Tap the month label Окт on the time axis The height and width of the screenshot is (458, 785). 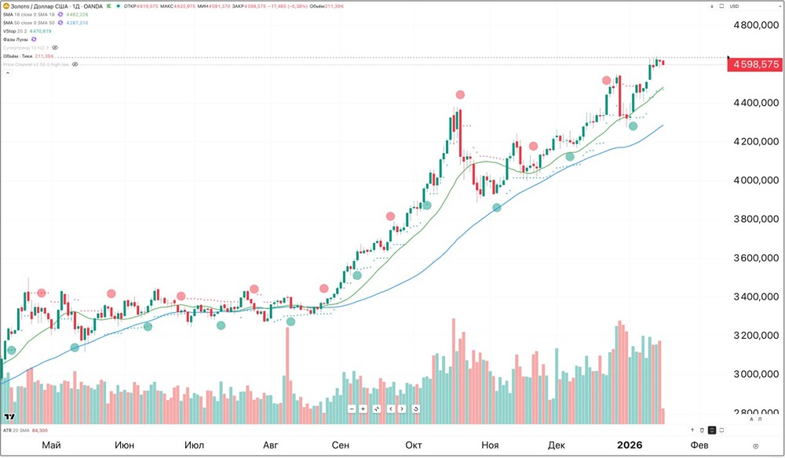(x=413, y=445)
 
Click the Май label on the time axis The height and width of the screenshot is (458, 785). (x=52, y=445)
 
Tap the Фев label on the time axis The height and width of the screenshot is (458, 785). (x=698, y=445)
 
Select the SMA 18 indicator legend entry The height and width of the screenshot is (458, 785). (x=27, y=14)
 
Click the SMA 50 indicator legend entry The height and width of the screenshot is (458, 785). (x=27, y=23)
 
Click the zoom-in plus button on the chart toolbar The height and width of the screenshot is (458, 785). (x=363, y=409)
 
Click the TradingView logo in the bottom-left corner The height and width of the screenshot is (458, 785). (x=10, y=417)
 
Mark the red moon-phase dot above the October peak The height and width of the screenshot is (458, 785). (x=460, y=95)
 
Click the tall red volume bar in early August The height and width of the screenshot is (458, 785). (x=287, y=376)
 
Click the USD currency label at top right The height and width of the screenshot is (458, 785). (x=734, y=6)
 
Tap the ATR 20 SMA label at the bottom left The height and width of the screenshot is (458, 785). (x=17, y=431)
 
